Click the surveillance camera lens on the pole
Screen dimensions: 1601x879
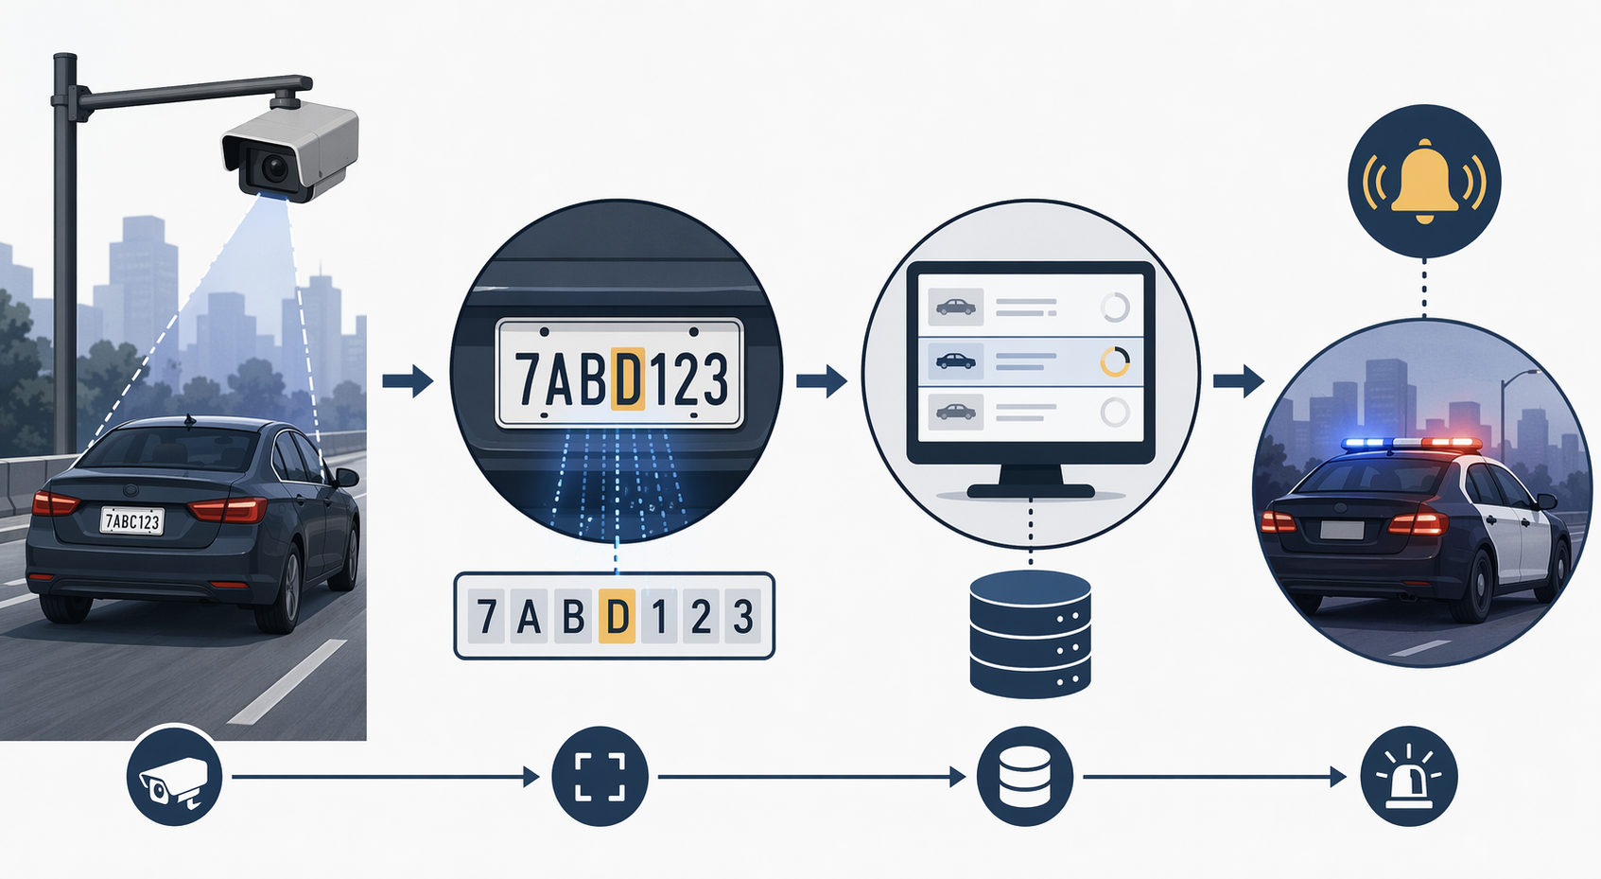coord(274,168)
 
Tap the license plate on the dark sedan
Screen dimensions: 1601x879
coord(132,520)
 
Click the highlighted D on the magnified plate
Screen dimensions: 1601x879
coord(628,378)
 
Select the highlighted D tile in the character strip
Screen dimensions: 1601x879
coord(617,615)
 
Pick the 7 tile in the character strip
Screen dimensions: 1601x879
coord(486,615)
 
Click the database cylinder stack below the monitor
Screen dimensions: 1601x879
coord(1030,634)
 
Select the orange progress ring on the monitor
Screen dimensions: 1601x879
coord(1114,361)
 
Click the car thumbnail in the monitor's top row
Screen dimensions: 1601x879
coord(956,307)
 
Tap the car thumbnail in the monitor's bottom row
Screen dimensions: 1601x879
coord(956,412)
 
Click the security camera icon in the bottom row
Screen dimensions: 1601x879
coord(174,777)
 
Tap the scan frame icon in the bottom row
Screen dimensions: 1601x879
coord(600,777)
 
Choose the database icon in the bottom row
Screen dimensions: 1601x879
coord(1025,777)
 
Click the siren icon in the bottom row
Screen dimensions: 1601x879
coord(1409,777)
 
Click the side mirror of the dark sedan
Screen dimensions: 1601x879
coord(347,477)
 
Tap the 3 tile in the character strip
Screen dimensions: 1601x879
coord(743,615)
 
